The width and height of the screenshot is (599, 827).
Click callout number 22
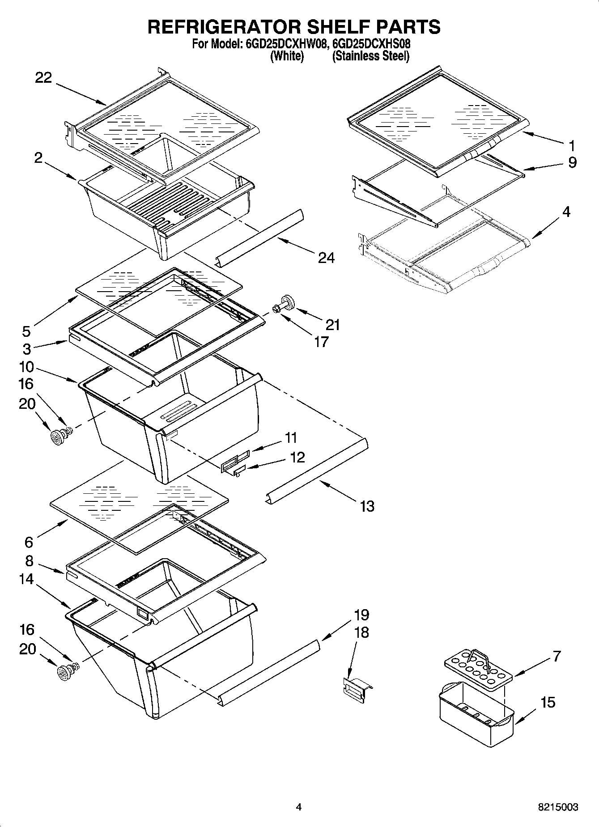pyautogui.click(x=44, y=78)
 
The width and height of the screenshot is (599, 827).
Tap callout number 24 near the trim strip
pyautogui.click(x=326, y=258)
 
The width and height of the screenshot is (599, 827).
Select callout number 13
pyautogui.click(x=367, y=506)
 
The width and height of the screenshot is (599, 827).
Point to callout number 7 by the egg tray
pyautogui.click(x=557, y=656)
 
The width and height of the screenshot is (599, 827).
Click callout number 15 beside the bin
pyautogui.click(x=548, y=702)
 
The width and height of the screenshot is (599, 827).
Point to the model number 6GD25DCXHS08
pyautogui.click(x=372, y=44)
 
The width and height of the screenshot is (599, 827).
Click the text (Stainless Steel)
pyautogui.click(x=370, y=56)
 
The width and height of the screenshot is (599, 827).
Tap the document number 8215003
pyautogui.click(x=558, y=807)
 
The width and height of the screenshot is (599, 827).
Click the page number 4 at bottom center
pyautogui.click(x=299, y=807)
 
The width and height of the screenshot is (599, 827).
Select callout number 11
pyautogui.click(x=291, y=437)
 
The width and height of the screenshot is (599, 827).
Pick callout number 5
pyautogui.click(x=26, y=331)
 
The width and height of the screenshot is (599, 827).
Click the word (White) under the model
pyautogui.click(x=287, y=56)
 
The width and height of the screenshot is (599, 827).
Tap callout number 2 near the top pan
pyautogui.click(x=38, y=157)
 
